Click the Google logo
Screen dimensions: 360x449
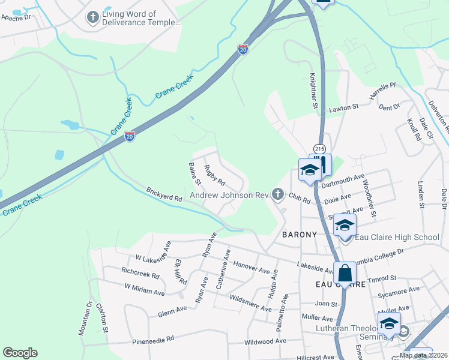[20, 353]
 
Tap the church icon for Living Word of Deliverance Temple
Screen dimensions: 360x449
[92, 17]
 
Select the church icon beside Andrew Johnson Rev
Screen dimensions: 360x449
[277, 194]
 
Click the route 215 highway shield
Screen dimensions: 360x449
[319, 149]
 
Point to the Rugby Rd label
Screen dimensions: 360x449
[214, 175]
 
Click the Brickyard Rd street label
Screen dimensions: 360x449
[164, 194]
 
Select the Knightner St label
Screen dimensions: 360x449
[313, 91]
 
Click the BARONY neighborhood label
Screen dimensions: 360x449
[299, 235]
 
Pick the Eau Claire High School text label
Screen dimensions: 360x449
[397, 237]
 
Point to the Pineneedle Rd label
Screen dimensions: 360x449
[154, 339]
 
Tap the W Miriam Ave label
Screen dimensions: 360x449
[145, 289]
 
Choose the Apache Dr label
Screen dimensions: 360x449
[16, 18]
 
